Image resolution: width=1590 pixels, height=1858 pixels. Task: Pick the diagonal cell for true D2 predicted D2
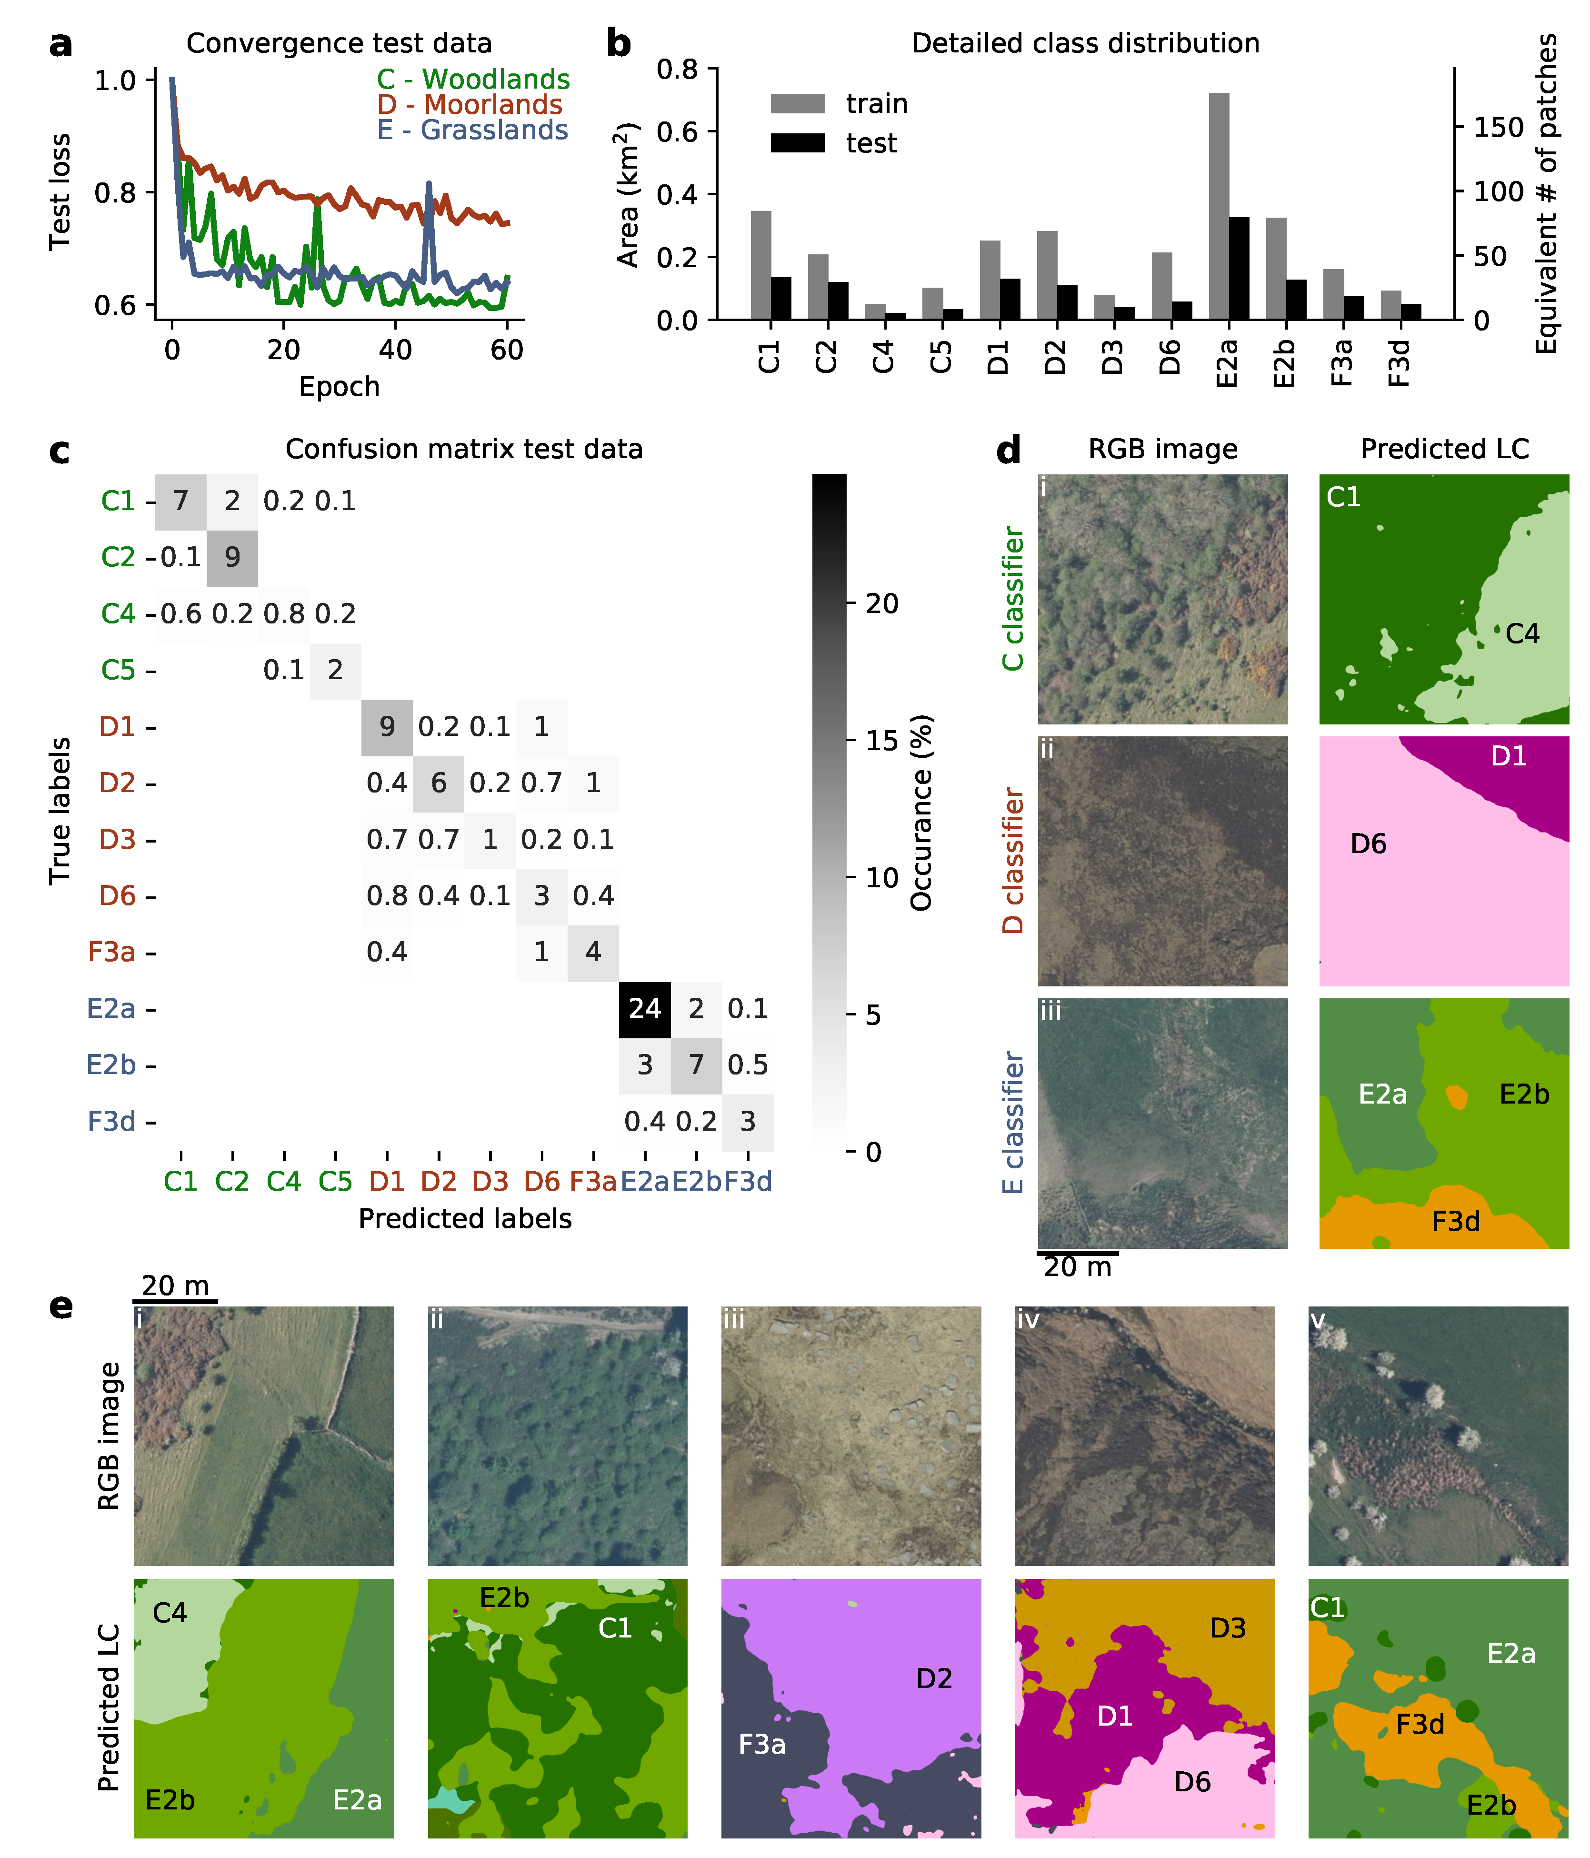[x=439, y=783]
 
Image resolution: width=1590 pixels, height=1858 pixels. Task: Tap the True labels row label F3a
[x=112, y=952]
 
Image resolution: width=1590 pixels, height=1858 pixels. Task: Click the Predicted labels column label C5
[x=335, y=1182]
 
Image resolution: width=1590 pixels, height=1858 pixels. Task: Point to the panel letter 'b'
[x=619, y=43]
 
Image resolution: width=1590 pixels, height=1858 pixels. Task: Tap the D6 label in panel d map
[x=1368, y=844]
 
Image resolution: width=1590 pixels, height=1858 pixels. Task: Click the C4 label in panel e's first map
[x=170, y=1613]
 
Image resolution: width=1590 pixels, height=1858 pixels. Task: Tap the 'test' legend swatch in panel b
[x=797, y=142]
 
